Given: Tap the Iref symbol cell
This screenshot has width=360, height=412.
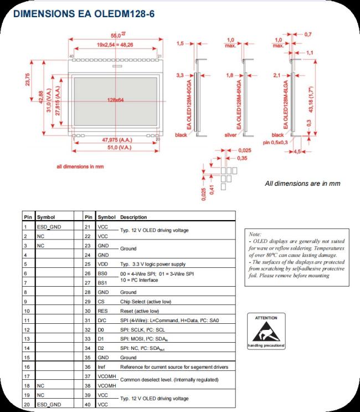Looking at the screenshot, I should point(102,368).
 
